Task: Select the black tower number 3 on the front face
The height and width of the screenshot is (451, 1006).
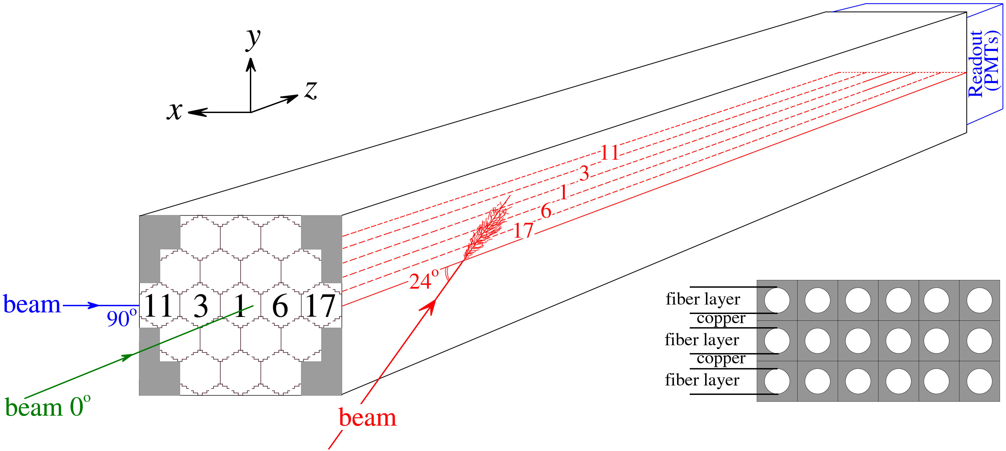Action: (201, 306)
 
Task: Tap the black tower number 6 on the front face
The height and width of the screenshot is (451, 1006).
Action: (280, 306)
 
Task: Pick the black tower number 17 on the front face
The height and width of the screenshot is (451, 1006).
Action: (320, 305)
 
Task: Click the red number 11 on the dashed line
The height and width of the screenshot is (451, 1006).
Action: (610, 153)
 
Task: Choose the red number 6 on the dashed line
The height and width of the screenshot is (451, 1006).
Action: (546, 211)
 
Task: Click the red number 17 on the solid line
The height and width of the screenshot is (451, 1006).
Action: (523, 230)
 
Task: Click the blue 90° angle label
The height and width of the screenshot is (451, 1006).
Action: (122, 318)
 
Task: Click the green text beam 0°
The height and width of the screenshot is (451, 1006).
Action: (48, 406)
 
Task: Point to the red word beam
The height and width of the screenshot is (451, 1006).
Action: (368, 418)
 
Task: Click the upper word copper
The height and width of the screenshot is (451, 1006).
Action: (721, 319)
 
